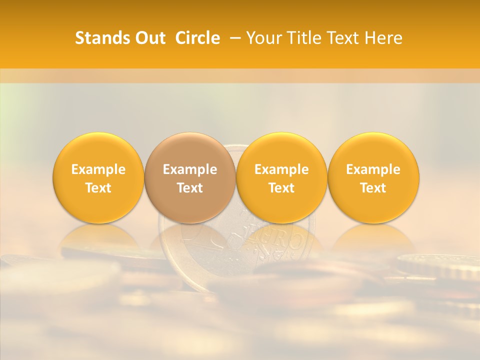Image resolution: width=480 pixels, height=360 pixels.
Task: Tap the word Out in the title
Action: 149,38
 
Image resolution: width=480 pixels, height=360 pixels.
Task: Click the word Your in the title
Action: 263,38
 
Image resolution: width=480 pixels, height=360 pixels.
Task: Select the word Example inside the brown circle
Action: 190,169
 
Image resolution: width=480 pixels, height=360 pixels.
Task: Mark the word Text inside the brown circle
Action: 190,188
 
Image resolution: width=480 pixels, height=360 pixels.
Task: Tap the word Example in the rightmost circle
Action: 373,169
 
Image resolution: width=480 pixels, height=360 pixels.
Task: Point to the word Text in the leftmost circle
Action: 98,188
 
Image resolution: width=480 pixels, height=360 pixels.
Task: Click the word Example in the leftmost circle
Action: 98,169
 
